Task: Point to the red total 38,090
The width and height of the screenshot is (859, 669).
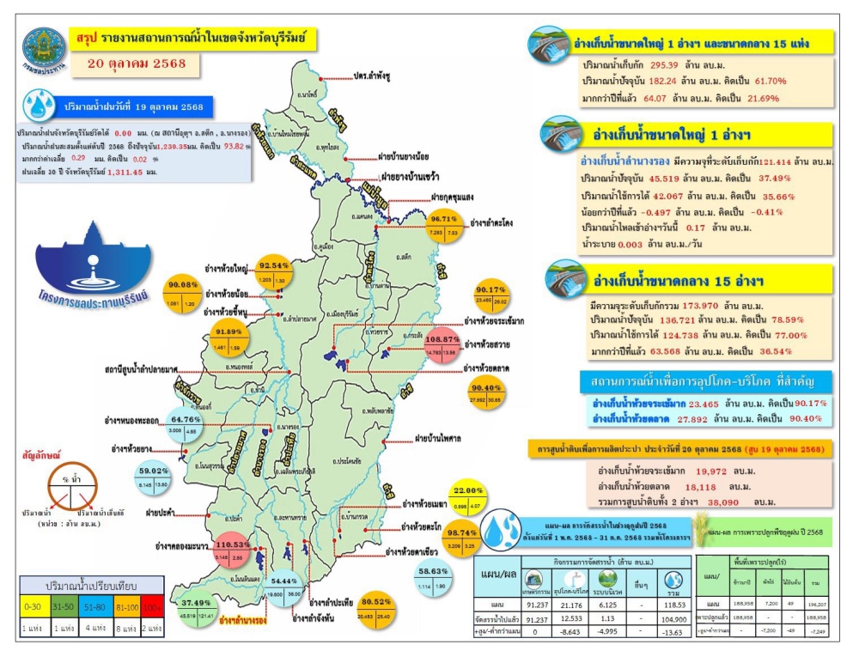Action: (723, 502)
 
